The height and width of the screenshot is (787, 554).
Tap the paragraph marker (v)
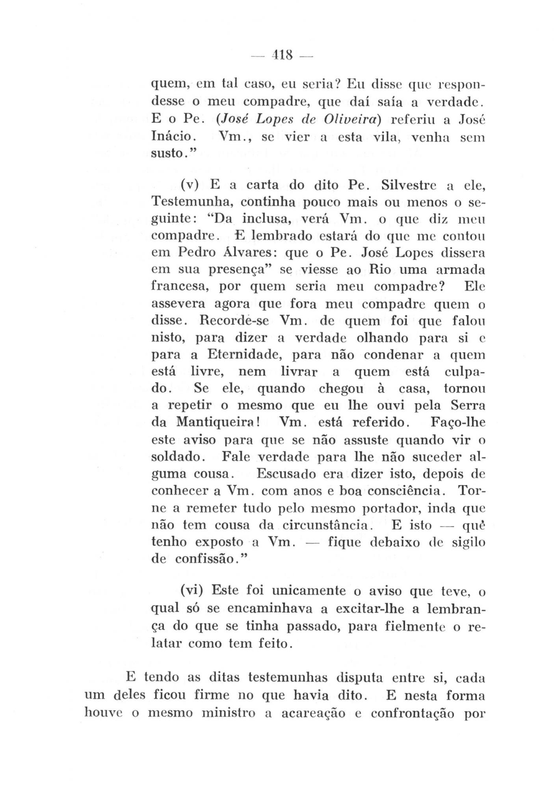(x=191, y=185)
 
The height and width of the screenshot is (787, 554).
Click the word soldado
(x=177, y=457)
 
